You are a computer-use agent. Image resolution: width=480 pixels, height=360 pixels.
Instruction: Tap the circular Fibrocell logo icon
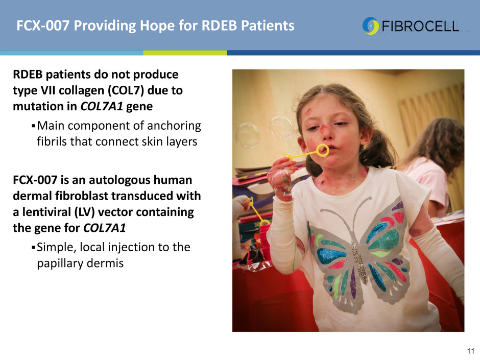point(371,26)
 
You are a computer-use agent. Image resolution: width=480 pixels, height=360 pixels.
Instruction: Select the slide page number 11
point(470,351)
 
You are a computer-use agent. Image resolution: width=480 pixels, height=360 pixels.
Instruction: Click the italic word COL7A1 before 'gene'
point(102,107)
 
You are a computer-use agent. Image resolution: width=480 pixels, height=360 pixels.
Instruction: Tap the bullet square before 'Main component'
point(33,126)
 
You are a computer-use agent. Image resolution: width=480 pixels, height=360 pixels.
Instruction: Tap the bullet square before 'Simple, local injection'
point(33,247)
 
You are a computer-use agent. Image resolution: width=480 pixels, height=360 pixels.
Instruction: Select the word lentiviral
point(47,212)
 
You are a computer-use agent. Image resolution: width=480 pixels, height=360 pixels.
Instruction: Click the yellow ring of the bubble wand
point(322,150)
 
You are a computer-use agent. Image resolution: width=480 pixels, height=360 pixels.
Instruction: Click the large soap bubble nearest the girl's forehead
point(281,127)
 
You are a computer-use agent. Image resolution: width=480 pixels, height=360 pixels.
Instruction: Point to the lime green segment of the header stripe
point(185,53)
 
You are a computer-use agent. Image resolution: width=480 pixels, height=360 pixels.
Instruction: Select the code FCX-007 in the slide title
point(43,26)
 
